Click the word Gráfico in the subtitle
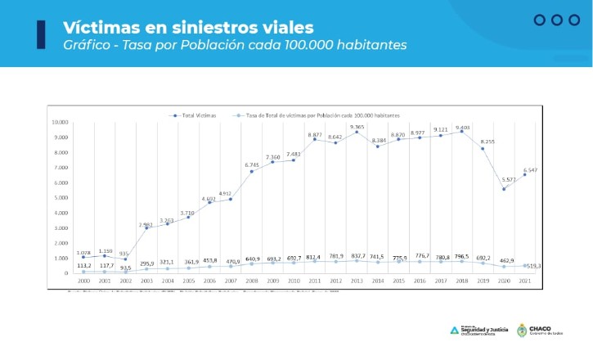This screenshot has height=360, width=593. coord(88,46)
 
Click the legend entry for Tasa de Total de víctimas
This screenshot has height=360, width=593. coord(311,115)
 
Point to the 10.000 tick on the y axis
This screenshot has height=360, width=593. coord(59,122)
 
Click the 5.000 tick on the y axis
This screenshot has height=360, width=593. coord(61,197)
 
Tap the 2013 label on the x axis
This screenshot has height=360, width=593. coord(357,281)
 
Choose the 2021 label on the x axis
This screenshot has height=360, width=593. coord(525,281)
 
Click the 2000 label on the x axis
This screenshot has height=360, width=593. coord(83,281)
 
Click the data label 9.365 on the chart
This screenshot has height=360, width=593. coord(357,127)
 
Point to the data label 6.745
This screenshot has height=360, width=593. coord(252,165)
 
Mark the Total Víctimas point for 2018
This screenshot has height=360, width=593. coord(461,132)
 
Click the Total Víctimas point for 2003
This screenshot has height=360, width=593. coord(146,228)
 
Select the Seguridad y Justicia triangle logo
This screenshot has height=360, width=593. coord(455,331)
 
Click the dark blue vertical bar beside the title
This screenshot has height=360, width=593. coord(41,35)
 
